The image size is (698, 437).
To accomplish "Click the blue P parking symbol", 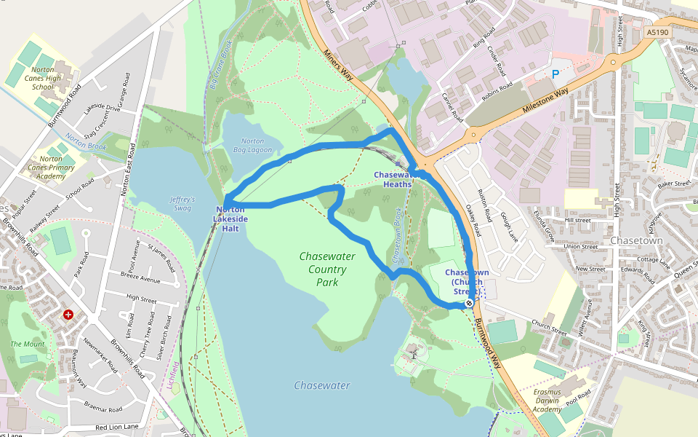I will pyautogui.click(x=556, y=74).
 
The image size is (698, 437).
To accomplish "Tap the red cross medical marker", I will pyautogui.click(x=68, y=315).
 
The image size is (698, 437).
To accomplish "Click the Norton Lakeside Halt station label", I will pyautogui.click(x=230, y=219).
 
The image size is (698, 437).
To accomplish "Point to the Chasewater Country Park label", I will pyautogui.click(x=322, y=269).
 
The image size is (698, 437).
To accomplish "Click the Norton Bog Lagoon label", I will pyautogui.click(x=252, y=146).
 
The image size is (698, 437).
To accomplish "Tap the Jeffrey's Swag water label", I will pyautogui.click(x=182, y=204).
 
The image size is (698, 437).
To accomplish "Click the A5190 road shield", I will pyautogui.click(x=657, y=33).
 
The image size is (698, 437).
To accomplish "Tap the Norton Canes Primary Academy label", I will pyautogui.click(x=51, y=168).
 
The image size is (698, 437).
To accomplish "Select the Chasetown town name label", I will pyautogui.click(x=636, y=240).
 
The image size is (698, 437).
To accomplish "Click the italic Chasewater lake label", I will pyautogui.click(x=322, y=385).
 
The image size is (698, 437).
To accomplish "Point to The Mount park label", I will pyautogui.click(x=28, y=344).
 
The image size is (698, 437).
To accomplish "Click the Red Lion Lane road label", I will pyautogui.click(x=116, y=426).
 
